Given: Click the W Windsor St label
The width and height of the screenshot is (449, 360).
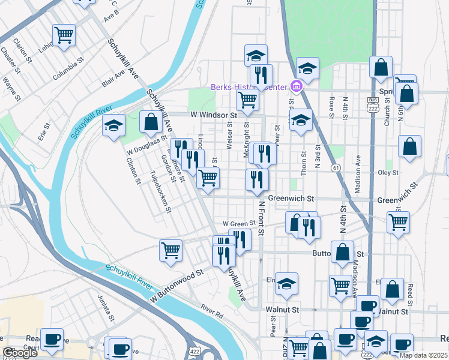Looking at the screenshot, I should tap(214, 114).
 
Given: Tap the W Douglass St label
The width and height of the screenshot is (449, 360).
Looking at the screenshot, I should tap(146, 141).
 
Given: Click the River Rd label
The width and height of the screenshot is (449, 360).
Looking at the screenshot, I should tap(212, 310).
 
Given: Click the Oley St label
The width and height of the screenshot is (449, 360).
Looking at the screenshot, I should tap(388, 173).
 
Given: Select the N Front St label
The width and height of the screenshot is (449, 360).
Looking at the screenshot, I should tap(261, 217).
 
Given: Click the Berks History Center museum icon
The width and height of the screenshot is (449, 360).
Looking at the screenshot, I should tap(295, 88).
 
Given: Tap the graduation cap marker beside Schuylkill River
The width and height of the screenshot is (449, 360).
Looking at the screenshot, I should tap(113, 126).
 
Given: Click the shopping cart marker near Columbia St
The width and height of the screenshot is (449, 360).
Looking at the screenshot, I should tap(64, 35).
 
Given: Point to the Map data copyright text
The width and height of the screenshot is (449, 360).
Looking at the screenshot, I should tap(423, 355).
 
